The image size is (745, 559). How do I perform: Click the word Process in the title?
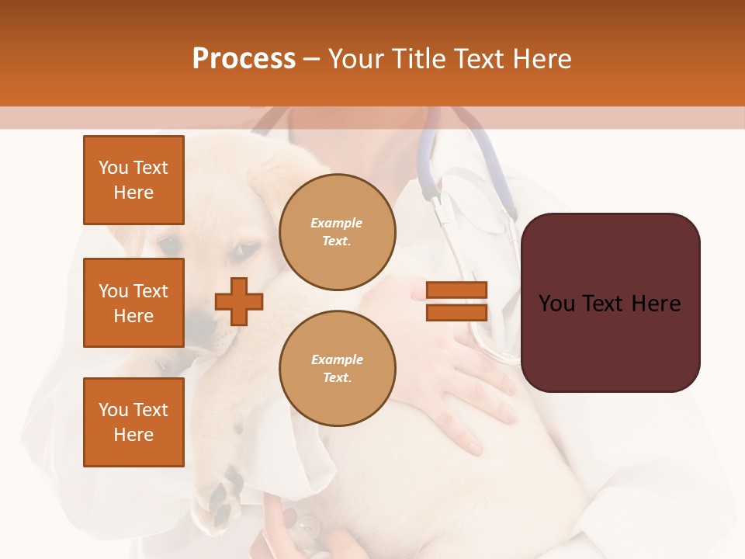pyautogui.click(x=244, y=59)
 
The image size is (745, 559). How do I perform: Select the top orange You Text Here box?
pyautogui.click(x=133, y=180)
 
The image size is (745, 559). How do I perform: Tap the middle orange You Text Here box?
pyautogui.click(x=133, y=303)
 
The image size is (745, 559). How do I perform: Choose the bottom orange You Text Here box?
pyautogui.click(x=133, y=422)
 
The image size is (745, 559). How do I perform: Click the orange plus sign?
pyautogui.click(x=239, y=301)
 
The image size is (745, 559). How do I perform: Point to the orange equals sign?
pyautogui.click(x=457, y=301)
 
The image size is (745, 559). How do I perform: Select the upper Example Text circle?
pyautogui.click(x=337, y=232)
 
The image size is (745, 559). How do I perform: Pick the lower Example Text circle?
pyautogui.click(x=337, y=368)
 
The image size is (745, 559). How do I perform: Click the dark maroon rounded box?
pyautogui.click(x=610, y=302)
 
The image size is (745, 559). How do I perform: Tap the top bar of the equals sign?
pyautogui.click(x=457, y=290)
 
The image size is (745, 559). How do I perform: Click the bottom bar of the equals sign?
pyautogui.click(x=457, y=312)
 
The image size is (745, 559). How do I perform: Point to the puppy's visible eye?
pyautogui.click(x=243, y=251)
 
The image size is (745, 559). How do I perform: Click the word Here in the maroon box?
pyautogui.click(x=656, y=304)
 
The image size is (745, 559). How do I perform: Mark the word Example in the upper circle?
pyautogui.click(x=337, y=224)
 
